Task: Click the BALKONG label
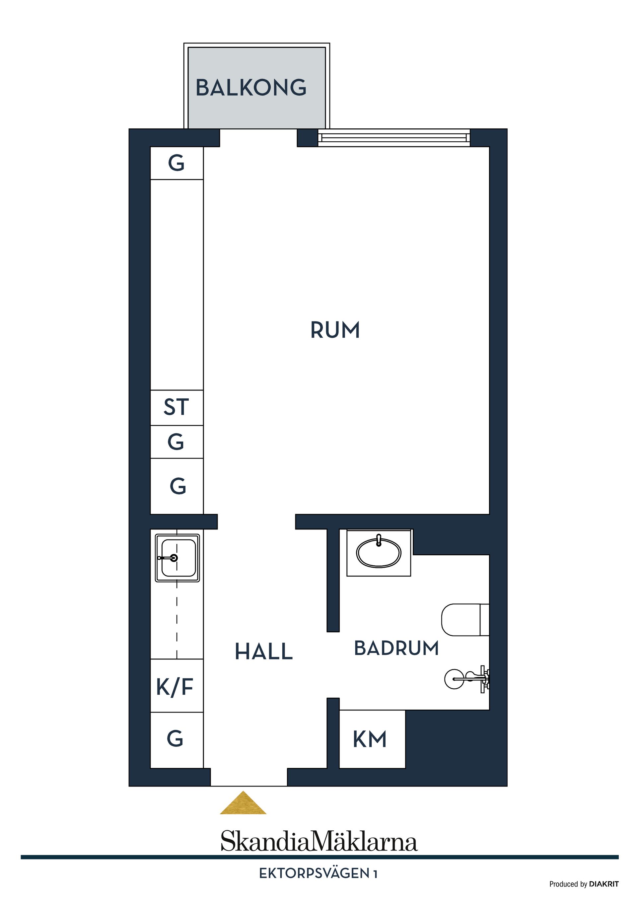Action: coord(251,88)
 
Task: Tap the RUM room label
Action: coord(335,330)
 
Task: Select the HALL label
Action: coord(264,652)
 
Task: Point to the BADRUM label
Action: coord(396,648)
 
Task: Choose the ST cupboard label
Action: coord(176,407)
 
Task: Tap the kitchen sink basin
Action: coord(177,558)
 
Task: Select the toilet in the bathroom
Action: coord(465,620)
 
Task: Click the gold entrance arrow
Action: coord(243,802)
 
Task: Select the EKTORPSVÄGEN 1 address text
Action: coord(318,873)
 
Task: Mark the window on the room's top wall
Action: coord(394,138)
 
